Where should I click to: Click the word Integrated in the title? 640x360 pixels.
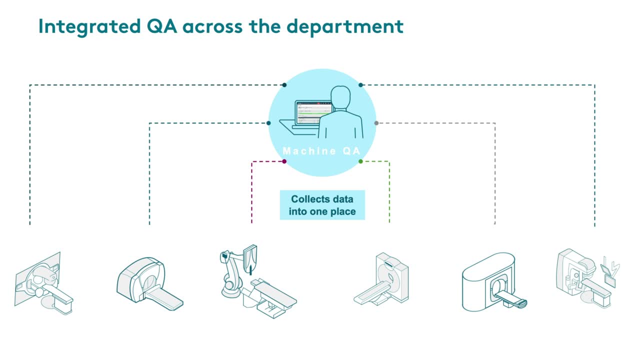pyautogui.click(x=89, y=27)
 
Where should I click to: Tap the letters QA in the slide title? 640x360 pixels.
pyautogui.click(x=161, y=26)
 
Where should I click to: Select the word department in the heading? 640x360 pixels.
pyautogui.click(x=345, y=27)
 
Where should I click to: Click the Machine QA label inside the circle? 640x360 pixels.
pyautogui.click(x=321, y=150)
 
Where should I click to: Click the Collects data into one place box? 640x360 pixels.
pyautogui.click(x=322, y=205)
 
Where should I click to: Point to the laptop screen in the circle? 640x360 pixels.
pyautogui.click(x=314, y=113)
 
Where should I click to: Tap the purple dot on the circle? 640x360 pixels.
pyautogui.click(x=284, y=161)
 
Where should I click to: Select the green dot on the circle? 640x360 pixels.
pyautogui.click(x=360, y=161)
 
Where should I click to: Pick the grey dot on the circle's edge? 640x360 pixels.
pyautogui.click(x=376, y=123)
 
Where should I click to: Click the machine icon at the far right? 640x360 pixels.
pyautogui.click(x=587, y=278)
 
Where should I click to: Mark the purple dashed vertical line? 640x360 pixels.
pyautogui.click(x=251, y=192)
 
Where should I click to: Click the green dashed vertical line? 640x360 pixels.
pyautogui.click(x=389, y=192)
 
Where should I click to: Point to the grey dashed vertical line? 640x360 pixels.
pyautogui.click(x=495, y=173)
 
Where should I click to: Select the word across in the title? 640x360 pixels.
pyautogui.click(x=212, y=27)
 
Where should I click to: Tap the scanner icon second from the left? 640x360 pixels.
pyautogui.click(x=150, y=283)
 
